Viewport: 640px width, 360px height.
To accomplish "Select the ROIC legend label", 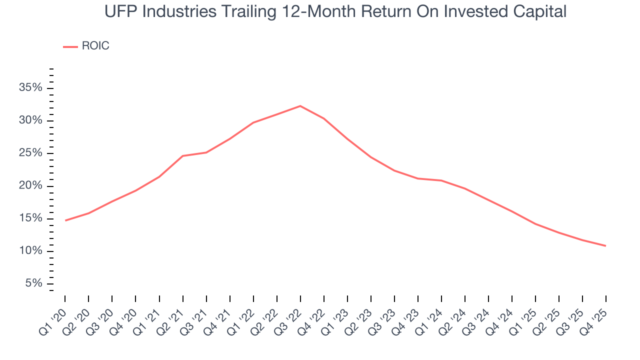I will (95, 46).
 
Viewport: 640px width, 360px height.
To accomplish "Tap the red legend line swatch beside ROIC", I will (70, 46).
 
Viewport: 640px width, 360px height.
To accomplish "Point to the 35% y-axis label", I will (30, 88).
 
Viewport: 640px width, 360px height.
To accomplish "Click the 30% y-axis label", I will (30, 120).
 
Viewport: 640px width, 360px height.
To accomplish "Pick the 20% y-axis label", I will (30, 186).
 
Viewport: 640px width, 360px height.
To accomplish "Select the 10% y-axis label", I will (30, 251).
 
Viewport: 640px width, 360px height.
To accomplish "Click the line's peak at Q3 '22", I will (300, 106).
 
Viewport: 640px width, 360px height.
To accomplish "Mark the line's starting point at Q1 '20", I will (65, 220).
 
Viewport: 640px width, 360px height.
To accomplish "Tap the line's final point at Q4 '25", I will (606, 246).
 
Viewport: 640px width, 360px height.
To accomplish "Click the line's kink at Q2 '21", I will (182, 156).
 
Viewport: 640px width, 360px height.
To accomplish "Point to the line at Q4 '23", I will (418, 178).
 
